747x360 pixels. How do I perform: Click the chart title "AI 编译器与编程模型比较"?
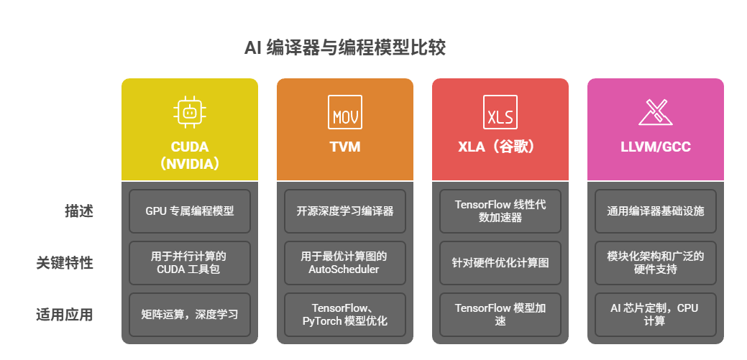tap(345, 48)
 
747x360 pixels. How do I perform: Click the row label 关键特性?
tap(65, 263)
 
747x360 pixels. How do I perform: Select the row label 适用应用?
tap(65, 315)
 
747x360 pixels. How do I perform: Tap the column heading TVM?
tap(345, 147)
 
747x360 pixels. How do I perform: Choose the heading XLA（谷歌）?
tap(500, 147)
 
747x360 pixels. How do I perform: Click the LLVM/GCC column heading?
tap(655, 147)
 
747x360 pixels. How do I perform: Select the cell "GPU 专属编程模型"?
tap(190, 211)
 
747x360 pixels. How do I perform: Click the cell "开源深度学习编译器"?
tap(345, 211)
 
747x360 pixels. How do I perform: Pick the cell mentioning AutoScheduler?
tap(345, 263)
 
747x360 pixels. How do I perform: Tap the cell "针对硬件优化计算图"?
tap(500, 263)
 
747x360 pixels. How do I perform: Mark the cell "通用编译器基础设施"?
tap(656, 211)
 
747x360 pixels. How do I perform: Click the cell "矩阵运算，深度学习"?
tap(190, 315)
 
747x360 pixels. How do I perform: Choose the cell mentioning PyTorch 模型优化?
tap(345, 315)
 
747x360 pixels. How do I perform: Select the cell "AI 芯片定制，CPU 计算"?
tap(656, 315)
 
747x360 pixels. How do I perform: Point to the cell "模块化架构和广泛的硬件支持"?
tap(656, 263)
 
